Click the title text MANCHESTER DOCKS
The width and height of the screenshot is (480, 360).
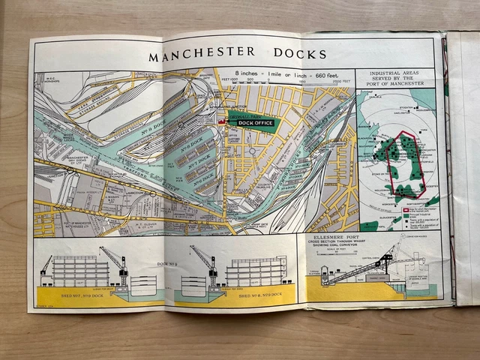point(236,55)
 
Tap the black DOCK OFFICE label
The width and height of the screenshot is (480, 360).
point(252,123)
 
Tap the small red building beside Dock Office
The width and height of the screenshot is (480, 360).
point(221,121)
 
